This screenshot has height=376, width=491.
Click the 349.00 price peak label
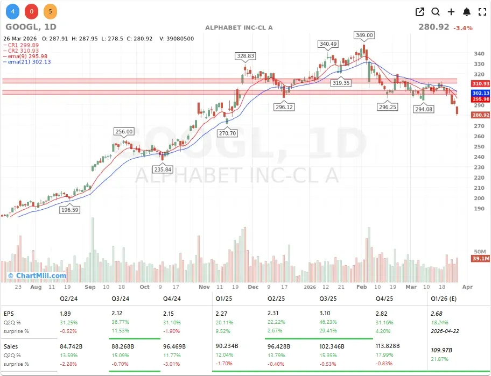(x=364, y=36)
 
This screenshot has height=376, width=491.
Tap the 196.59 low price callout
(x=69, y=210)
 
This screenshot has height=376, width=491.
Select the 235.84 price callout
(x=162, y=169)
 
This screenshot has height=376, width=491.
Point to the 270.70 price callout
(x=227, y=133)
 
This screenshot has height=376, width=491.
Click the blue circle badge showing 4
(x=12, y=11)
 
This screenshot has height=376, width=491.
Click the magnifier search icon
(x=436, y=12)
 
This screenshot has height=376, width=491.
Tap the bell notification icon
(x=467, y=12)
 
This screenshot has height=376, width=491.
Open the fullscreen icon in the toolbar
(x=482, y=12)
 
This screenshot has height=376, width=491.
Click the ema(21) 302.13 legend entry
(x=30, y=62)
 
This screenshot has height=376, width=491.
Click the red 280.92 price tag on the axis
(x=481, y=115)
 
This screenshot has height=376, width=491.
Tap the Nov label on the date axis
(x=204, y=287)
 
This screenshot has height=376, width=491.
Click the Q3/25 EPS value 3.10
(x=326, y=313)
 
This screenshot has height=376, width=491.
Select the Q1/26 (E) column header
(x=444, y=298)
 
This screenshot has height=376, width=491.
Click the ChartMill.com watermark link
(x=37, y=276)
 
